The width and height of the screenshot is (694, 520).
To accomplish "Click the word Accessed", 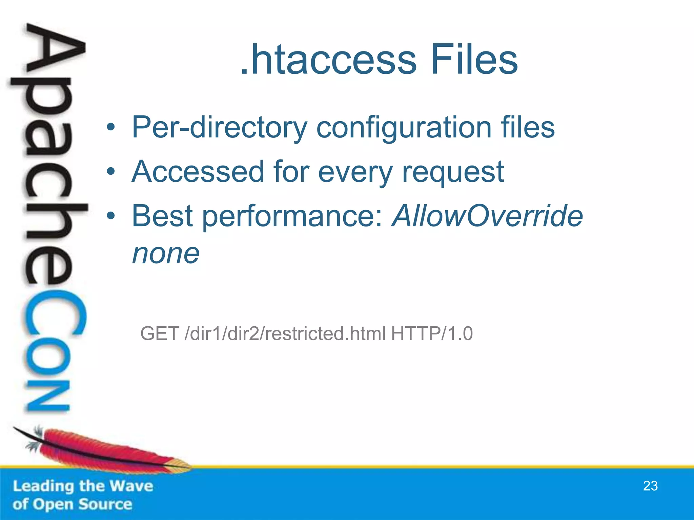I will pyautogui.click(x=198, y=172).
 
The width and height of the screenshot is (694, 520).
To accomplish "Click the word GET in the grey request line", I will pyautogui.click(x=160, y=333).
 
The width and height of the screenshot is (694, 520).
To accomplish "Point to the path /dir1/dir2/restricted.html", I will pyautogui.click(x=285, y=333).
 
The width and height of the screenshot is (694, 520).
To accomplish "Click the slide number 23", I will pyautogui.click(x=650, y=486).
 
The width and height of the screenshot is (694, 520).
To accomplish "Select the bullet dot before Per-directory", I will pyautogui.click(x=111, y=128).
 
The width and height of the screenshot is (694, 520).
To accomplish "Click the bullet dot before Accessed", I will pyautogui.click(x=111, y=172).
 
